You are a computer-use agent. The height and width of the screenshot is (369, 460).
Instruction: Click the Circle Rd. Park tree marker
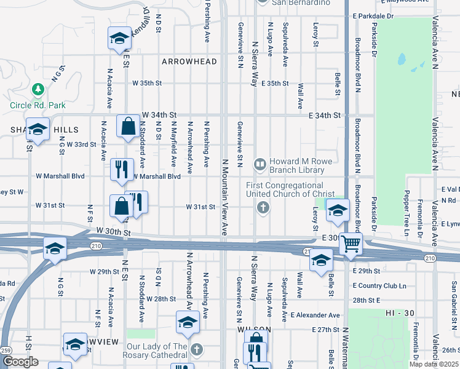click(x=39, y=90)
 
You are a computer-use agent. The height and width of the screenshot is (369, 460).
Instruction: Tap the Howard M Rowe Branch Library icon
click(x=260, y=164)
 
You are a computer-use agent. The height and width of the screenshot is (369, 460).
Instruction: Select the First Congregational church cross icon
click(x=263, y=207)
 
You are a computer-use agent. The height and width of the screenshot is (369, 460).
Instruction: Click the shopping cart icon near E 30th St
click(x=350, y=244)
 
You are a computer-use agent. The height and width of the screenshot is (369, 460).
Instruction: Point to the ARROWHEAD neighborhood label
click(x=189, y=61)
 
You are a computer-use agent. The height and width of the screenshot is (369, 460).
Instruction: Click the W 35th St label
click(x=147, y=82)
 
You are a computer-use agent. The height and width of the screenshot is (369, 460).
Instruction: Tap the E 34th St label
click(x=325, y=115)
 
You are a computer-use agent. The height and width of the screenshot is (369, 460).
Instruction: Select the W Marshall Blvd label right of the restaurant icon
click(x=156, y=176)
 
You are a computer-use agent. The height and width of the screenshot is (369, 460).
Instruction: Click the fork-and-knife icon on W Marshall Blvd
click(x=122, y=169)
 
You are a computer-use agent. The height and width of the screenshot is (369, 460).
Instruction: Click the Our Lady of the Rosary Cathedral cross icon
click(x=197, y=350)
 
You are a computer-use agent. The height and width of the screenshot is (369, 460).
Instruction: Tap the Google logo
click(x=20, y=362)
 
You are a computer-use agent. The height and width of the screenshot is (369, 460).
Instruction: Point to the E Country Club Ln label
click(x=379, y=285)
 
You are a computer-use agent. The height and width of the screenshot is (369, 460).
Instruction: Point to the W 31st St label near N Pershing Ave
click(x=201, y=207)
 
